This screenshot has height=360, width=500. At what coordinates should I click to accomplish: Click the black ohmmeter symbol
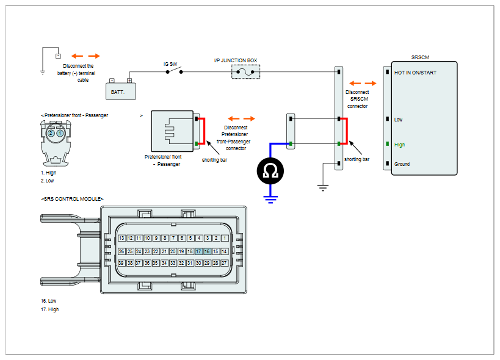coord(270,171)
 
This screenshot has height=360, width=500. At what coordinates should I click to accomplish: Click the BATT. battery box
coord(121,92)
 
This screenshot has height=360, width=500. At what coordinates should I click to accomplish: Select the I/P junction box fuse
coord(245,71)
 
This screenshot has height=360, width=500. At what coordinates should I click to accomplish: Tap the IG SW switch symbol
coord(174,70)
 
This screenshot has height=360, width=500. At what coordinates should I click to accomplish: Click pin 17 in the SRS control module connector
coord(198,251)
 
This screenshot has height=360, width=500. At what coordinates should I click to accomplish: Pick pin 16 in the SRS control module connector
coord(208,251)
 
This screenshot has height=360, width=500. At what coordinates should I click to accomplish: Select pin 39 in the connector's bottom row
coord(121,263)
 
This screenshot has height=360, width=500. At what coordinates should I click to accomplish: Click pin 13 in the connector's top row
coord(121,238)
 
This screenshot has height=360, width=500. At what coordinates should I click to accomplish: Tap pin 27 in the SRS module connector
coord(225,263)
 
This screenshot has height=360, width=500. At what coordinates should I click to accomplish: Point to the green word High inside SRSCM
coord(399,145)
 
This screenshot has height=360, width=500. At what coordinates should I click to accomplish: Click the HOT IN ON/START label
coord(415,73)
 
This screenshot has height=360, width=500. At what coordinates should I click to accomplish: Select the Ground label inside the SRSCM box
coord(402,164)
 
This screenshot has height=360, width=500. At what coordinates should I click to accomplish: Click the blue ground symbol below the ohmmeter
coord(270,200)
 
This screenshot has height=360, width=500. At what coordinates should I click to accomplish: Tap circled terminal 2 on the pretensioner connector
coord(51,133)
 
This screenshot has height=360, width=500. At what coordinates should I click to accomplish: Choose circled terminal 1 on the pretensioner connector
coord(60,133)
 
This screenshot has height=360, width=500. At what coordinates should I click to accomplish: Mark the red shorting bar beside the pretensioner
coord(203,131)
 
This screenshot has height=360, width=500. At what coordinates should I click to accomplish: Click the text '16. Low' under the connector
coord(48,301)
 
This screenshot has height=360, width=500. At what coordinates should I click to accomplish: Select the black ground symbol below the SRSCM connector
coord(323,188)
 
